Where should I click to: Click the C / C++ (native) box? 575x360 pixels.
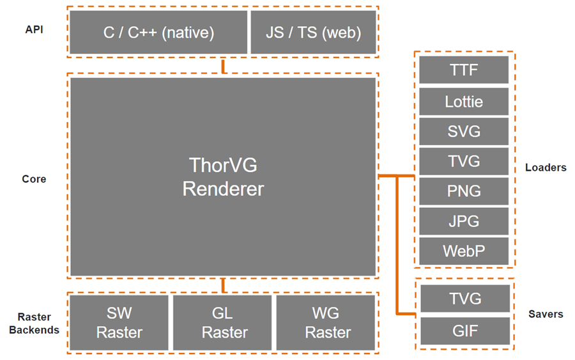158,33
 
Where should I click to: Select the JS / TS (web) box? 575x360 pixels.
314,33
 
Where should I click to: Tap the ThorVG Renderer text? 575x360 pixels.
223,177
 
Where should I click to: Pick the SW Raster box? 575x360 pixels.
119,322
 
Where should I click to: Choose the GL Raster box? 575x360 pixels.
222,322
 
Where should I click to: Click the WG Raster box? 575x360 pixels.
326,322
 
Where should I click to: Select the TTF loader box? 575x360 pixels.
464,70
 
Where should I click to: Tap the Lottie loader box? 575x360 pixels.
464,102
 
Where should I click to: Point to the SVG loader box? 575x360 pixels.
464,131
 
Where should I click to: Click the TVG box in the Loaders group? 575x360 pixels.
464,161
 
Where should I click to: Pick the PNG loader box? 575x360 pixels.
464,191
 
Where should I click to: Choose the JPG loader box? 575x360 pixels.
464,221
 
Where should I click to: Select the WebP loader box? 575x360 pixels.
464,251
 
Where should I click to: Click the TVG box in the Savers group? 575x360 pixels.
465,299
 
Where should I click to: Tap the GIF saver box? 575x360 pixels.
465,331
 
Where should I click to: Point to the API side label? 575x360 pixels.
34,29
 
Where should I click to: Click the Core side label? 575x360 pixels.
34,179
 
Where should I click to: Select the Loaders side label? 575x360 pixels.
546,168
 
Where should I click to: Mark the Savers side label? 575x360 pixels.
546,314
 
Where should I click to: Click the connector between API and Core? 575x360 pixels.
223,66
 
